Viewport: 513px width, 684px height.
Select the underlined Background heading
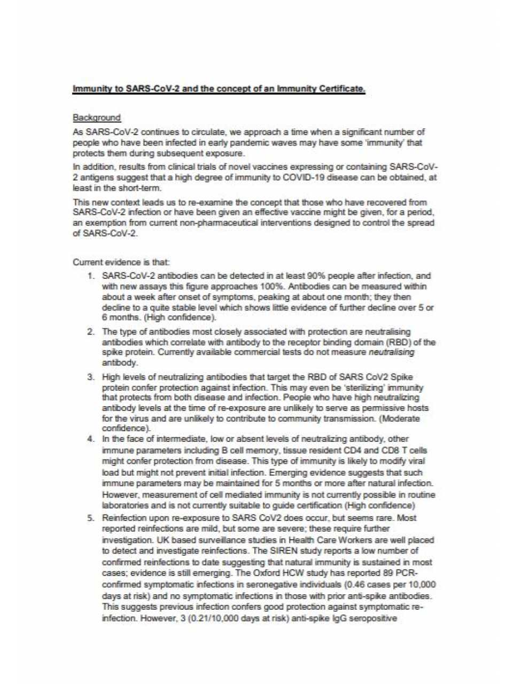(97, 118)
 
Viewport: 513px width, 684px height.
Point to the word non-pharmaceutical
(193, 223)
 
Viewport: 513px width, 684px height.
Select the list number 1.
(91, 276)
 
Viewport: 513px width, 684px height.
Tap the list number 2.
(91, 332)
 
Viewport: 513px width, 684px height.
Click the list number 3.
(91, 377)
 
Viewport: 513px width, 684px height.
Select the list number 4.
(91, 439)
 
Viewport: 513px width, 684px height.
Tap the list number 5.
(91, 518)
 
